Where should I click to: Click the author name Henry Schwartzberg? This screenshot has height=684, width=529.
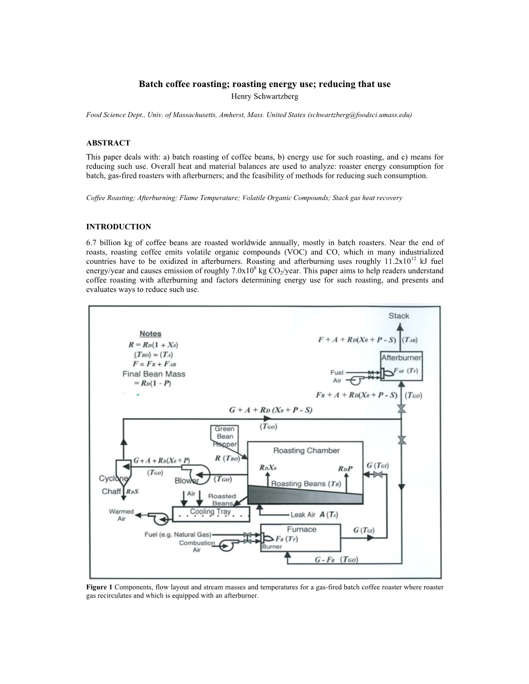tap(264, 96)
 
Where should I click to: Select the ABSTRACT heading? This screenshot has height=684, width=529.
tap(108, 143)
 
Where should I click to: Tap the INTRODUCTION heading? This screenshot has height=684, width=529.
tap(119, 226)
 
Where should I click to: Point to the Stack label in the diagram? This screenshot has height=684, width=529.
tap(399, 316)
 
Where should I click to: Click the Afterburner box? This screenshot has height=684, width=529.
tap(401, 358)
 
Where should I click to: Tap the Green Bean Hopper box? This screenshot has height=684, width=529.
tap(225, 436)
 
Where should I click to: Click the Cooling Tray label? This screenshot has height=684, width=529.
tap(210, 511)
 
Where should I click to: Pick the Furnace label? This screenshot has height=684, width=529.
tap(301, 529)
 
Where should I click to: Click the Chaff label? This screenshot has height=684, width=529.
tap(111, 491)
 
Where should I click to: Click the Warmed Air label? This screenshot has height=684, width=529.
tap(121, 515)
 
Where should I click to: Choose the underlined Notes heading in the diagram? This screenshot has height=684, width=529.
tap(150, 334)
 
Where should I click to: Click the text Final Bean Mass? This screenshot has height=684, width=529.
tap(154, 374)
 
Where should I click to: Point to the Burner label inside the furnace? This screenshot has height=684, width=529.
tap(272, 546)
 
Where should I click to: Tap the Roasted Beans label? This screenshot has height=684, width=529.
tap(221, 500)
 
